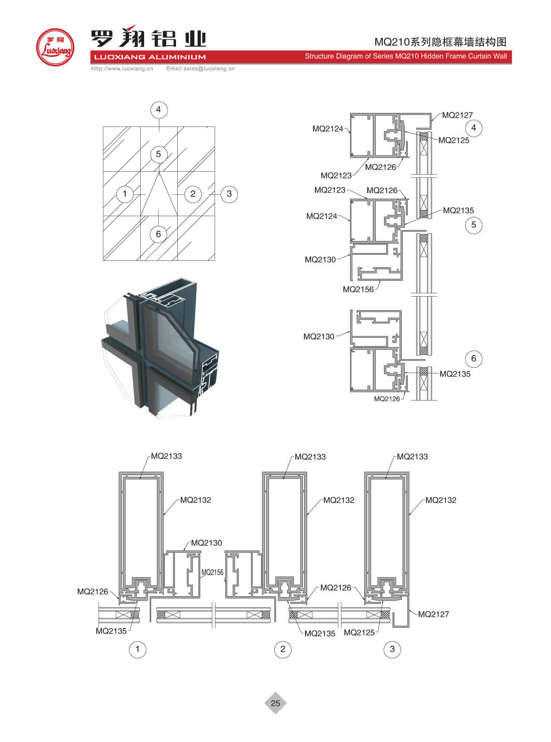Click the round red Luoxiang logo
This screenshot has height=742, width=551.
coord(55,47)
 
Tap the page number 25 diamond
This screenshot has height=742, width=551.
coord(275,703)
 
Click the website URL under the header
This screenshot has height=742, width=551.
coord(122,69)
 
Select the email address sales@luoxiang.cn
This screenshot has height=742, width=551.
coord(201,69)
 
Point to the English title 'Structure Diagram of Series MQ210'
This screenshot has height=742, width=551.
coord(406,56)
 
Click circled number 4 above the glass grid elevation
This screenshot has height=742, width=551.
coord(158,110)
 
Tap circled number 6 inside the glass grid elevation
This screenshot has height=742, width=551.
coord(158,234)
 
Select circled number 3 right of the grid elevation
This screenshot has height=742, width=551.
coord(229,194)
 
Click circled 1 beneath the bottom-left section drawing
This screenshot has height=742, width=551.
coord(138,649)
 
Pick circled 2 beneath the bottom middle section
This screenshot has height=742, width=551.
coord(283,649)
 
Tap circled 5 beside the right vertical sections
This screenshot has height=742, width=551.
coord(473,225)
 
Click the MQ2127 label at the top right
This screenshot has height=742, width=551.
coord(457,115)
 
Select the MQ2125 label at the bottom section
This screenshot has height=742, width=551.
coord(359,632)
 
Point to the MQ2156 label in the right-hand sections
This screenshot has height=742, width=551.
coord(358,289)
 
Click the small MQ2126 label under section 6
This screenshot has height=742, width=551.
coord(387,399)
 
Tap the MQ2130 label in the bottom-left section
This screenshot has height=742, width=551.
coord(206,543)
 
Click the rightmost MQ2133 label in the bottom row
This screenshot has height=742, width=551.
coord(412,457)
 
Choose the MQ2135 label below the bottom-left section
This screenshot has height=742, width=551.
coord(111,631)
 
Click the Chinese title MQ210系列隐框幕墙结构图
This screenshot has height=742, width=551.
coord(440,42)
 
